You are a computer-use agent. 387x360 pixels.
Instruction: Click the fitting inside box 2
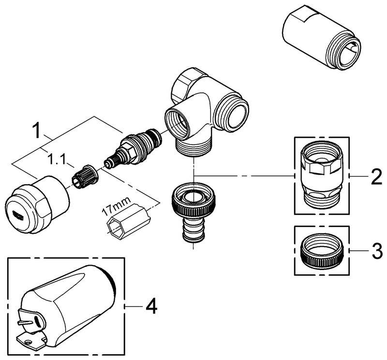322,173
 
